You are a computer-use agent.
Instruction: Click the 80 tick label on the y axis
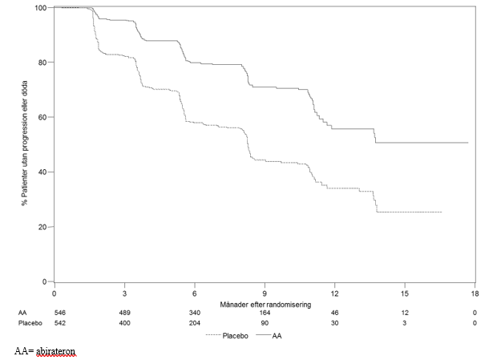(x=42, y=63)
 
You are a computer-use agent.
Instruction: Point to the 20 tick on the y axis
(x=51, y=227)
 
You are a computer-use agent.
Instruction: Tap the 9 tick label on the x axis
(x=265, y=293)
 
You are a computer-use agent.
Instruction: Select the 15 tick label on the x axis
(x=405, y=293)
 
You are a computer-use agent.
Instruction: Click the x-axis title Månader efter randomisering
(x=265, y=305)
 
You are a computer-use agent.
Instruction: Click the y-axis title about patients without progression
(x=25, y=143)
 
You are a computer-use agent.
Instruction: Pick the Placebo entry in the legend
(x=227, y=336)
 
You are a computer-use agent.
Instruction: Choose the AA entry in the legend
(x=269, y=336)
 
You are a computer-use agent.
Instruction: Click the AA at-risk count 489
(x=124, y=313)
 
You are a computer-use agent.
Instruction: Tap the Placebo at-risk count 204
(x=194, y=323)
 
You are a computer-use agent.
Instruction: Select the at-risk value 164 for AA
(x=265, y=313)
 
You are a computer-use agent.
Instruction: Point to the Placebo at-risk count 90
(x=265, y=323)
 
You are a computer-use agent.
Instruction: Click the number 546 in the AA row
(x=60, y=313)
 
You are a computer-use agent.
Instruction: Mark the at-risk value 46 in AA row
(x=334, y=313)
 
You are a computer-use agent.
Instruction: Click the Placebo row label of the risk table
(x=30, y=323)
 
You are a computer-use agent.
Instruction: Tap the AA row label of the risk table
(x=22, y=313)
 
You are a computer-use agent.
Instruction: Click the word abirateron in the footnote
(x=55, y=351)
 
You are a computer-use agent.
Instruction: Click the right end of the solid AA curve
(x=468, y=143)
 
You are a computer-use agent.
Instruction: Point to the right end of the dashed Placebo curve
(x=442, y=212)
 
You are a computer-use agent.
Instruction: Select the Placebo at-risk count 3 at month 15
(x=404, y=323)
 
